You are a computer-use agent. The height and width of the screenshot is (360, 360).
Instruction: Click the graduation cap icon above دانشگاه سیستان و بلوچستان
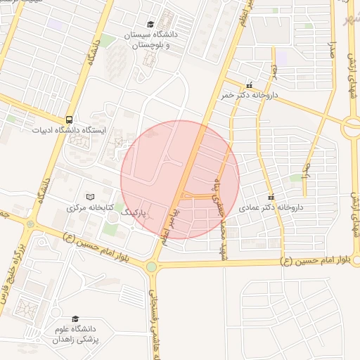149,24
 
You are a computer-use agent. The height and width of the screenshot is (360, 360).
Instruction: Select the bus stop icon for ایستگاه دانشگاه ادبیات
70,120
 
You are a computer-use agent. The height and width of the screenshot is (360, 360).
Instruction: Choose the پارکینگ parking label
134,211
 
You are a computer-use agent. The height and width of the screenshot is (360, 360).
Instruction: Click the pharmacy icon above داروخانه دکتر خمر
250,84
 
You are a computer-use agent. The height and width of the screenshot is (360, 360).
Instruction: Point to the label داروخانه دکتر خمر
250,94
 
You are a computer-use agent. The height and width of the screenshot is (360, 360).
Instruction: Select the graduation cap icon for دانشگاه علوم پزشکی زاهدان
75,319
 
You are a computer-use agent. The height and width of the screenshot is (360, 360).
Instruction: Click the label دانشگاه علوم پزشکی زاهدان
75,335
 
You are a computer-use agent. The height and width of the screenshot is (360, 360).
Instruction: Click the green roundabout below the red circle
151,267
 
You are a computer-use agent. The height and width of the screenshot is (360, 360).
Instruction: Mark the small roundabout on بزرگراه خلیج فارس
30,224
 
